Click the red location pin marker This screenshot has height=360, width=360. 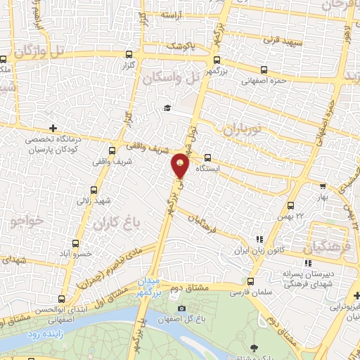(x=181, y=165)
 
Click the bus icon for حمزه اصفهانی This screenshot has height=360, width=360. (x=264, y=70)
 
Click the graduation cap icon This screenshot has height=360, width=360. (x=167, y=108)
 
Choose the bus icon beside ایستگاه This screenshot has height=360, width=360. (x=207, y=157)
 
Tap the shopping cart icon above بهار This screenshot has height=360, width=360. (x=322, y=186)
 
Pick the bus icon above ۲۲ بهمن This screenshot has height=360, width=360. (x=291, y=205)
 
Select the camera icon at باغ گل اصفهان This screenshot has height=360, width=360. (x=182, y=308)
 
